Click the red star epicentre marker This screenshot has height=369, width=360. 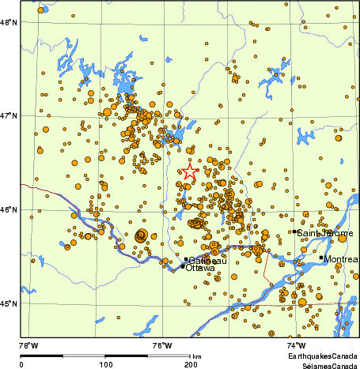(x=190, y=171)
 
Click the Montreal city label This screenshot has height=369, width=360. (x=341, y=259)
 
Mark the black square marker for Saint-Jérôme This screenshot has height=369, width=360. (x=294, y=232)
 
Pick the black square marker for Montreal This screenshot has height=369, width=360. (x=321, y=258)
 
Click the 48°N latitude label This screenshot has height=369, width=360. (x=9, y=22)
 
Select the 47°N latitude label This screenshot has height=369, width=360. (x=9, y=115)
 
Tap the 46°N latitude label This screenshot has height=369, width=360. (x=9, y=209)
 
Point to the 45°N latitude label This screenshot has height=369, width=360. (x=9, y=303)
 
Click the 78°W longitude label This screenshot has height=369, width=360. (x=28, y=345)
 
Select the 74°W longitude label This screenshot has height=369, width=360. (x=295, y=345)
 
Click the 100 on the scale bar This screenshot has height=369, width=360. (x=105, y=364)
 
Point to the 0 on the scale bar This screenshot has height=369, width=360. (x=21, y=364)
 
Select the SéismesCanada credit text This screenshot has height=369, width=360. (x=326, y=365)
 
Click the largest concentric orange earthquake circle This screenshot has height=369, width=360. (x=142, y=235)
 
